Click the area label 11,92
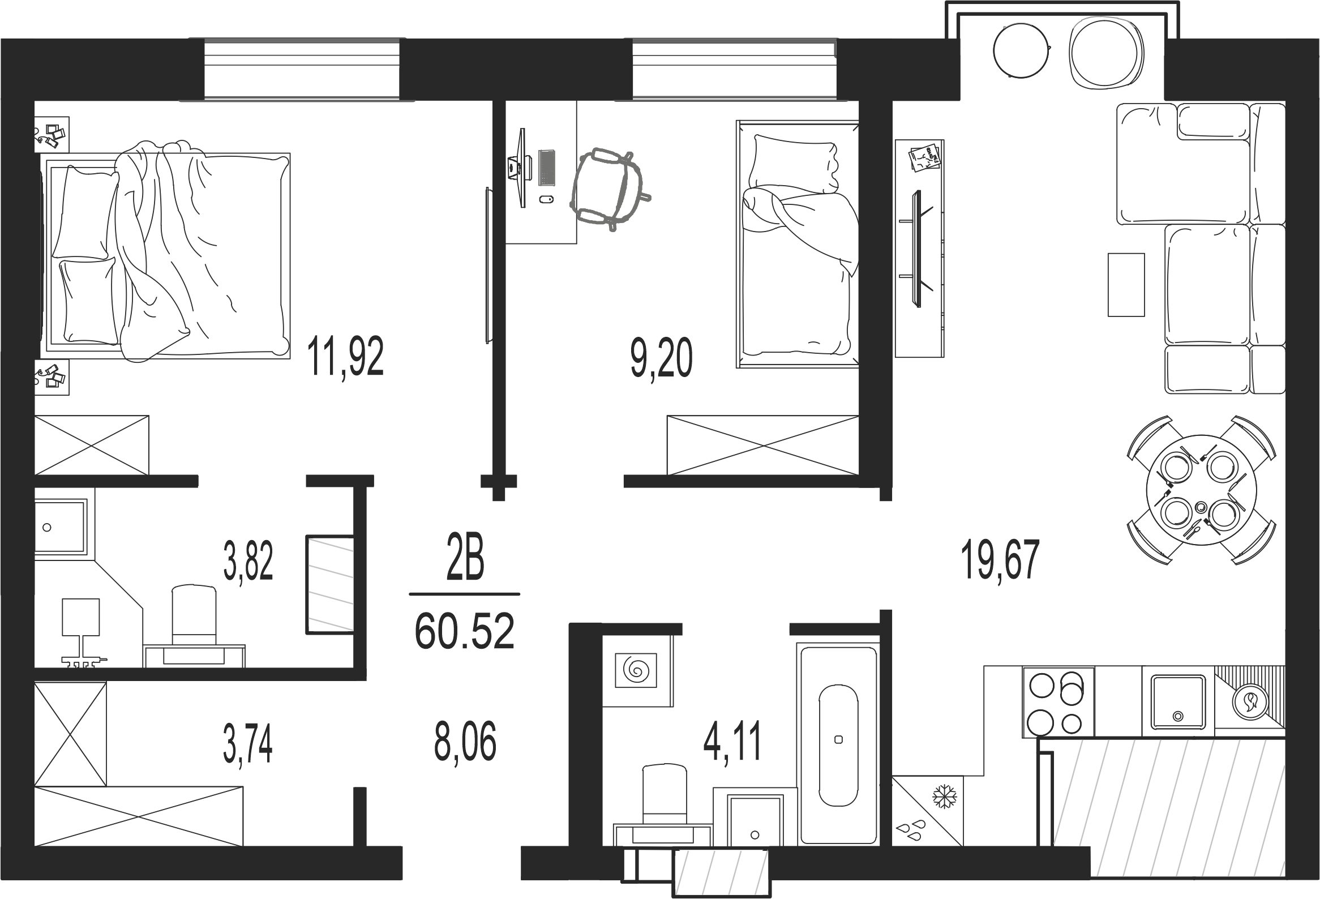coord(345,356)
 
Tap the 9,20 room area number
coord(661,358)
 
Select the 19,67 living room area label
coord(1000,559)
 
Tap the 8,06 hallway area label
coord(465,742)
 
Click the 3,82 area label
coord(248,560)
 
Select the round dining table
coord(1201,490)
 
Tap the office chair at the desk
coord(608,188)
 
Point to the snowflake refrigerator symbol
coord(945,797)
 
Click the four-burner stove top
coord(1058,703)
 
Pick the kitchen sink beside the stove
coord(1178,702)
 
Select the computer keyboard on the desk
coord(546,167)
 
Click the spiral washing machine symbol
coord(637,670)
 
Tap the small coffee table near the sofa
coord(1126,285)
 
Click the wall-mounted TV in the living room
coord(915,249)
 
